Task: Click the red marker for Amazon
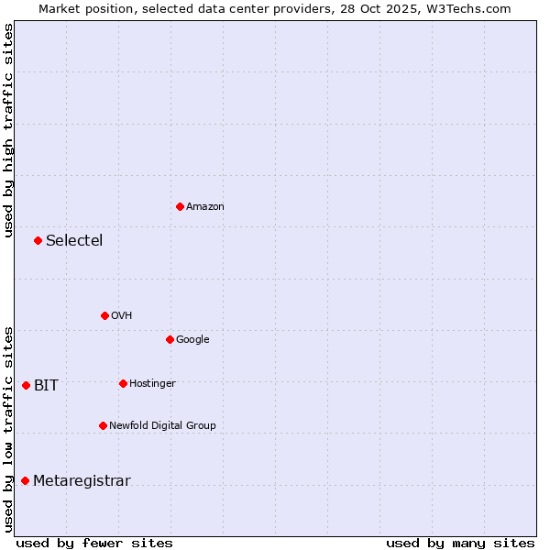click(x=180, y=206)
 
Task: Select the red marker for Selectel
click(x=38, y=240)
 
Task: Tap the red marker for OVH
click(x=104, y=315)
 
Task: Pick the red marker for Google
click(x=170, y=339)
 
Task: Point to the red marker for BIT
click(x=26, y=385)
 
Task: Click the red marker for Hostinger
click(x=123, y=383)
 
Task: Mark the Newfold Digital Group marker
click(x=103, y=425)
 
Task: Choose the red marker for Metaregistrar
click(x=25, y=480)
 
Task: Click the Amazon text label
click(x=205, y=206)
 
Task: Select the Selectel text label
click(x=74, y=240)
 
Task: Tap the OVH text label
click(x=122, y=315)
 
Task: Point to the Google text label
click(x=192, y=339)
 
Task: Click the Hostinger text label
click(x=152, y=383)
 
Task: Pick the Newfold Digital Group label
click(x=162, y=425)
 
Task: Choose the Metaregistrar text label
click(x=82, y=480)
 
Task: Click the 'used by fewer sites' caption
click(x=94, y=543)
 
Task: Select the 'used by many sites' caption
click(x=460, y=543)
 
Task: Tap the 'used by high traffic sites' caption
click(x=8, y=130)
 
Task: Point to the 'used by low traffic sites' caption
click(x=8, y=429)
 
